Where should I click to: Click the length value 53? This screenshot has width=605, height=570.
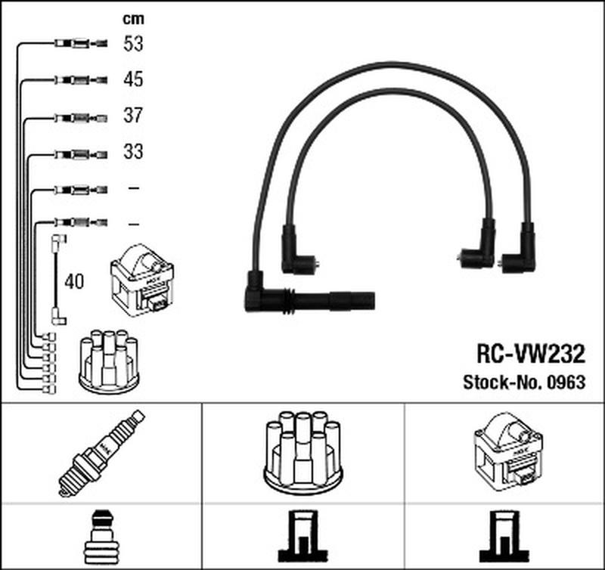tap(133, 44)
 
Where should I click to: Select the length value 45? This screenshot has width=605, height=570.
tap(133, 79)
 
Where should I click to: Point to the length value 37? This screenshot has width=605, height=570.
tap(133, 116)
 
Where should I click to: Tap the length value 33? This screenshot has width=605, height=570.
tap(133, 152)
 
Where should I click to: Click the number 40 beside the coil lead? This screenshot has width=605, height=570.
tap(75, 282)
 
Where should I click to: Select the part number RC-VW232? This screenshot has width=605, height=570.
tap(530, 353)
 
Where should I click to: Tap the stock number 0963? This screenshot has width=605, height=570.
tap(568, 383)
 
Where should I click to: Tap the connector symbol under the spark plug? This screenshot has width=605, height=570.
tap(102, 537)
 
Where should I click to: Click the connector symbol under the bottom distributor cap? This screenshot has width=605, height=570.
tap(302, 537)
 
